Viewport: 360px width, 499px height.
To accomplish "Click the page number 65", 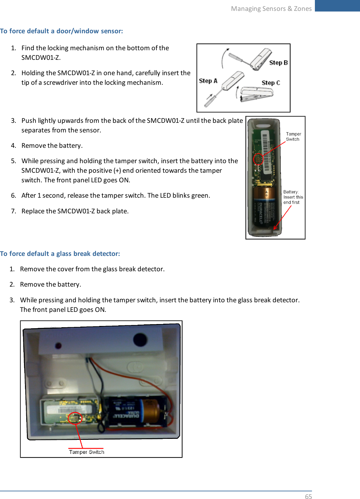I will tap(308, 496).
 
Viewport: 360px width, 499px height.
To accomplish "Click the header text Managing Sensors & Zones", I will tap(271, 9).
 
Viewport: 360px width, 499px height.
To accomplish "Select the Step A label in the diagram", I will tap(208, 81).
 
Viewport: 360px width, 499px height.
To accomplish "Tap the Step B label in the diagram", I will tap(278, 63).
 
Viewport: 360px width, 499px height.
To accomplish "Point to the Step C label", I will tap(271, 83).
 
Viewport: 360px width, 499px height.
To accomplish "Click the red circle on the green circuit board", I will tap(258, 159).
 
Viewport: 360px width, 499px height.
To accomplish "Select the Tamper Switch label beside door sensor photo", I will tap(293, 137).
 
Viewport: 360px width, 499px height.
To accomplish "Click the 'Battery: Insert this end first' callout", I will tap(293, 197).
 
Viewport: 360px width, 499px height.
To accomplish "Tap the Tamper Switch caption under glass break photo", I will tap(86, 452).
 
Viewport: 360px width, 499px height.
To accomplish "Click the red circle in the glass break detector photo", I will tap(75, 418).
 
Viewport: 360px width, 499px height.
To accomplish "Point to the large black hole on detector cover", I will tap(140, 340).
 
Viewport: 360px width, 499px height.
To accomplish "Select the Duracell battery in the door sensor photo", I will tap(264, 208).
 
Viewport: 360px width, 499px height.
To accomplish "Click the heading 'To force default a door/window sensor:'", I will tap(61, 31).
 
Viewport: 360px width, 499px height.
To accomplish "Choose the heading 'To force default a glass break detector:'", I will tap(60, 254).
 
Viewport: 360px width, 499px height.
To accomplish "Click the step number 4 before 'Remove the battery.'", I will tap(13, 146).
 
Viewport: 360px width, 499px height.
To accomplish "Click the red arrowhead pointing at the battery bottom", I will tap(275, 228).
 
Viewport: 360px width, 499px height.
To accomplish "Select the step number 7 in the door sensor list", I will tap(13, 211).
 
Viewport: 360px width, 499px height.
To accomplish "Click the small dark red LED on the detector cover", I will tap(58, 346).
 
